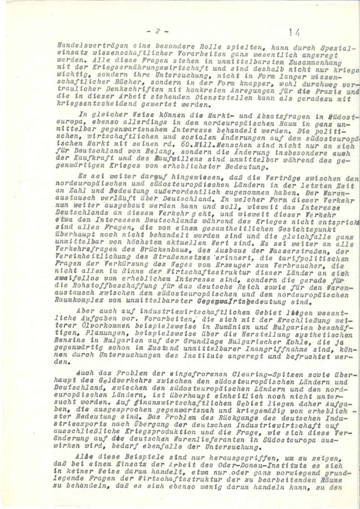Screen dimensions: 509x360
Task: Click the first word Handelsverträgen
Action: click(81, 46)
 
